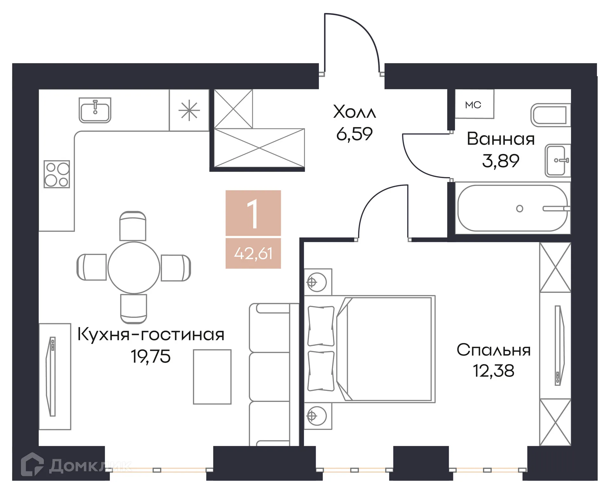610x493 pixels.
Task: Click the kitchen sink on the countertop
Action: coord(95,110)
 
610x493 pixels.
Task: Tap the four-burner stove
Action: coord(57,174)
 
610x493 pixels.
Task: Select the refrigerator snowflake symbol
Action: coord(189,110)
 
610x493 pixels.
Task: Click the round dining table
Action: coord(134,268)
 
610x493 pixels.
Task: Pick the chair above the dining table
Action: coord(133,226)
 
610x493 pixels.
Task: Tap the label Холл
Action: coord(354,112)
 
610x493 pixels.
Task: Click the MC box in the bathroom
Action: coord(473,105)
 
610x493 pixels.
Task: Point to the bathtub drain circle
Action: coord(519,208)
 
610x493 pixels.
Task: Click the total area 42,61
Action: coord(253,253)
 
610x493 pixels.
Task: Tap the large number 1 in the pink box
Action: coord(253,214)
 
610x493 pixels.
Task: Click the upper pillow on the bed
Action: coord(321,326)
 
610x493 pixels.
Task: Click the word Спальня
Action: coord(493,350)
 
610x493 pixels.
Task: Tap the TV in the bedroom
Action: coord(559,345)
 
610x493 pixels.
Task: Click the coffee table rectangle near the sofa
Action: coord(212,377)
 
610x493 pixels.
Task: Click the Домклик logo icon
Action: coord(32,464)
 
